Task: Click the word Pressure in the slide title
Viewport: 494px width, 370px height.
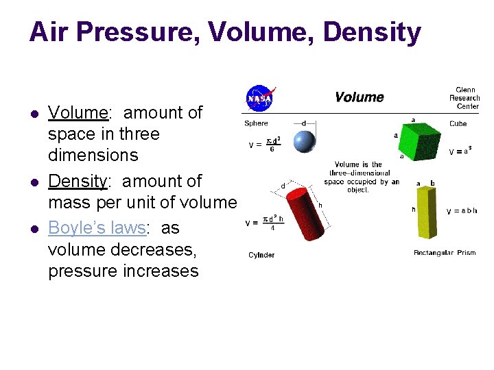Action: (132, 33)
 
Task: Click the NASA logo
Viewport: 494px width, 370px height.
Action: (260, 98)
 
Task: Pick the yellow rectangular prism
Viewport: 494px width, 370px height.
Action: (424, 210)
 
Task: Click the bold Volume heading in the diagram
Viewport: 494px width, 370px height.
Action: (359, 97)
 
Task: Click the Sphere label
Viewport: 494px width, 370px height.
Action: (257, 124)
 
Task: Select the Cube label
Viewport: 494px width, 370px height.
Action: (458, 124)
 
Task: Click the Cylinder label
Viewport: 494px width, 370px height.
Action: (261, 255)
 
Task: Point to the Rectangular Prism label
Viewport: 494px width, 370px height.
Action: (444, 253)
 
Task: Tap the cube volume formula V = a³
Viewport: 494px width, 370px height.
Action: (459, 151)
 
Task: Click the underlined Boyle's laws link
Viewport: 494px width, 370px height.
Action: (97, 227)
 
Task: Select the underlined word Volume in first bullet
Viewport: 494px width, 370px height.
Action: (75, 112)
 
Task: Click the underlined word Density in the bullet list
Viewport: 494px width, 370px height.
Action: (76, 182)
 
